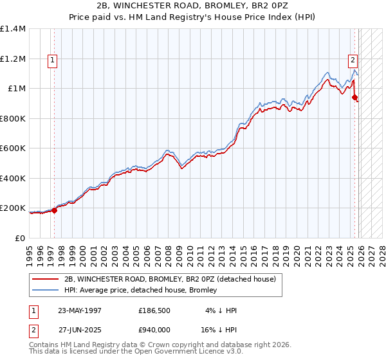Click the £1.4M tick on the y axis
13,29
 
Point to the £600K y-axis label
13,148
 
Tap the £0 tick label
20,238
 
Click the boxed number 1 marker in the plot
52,61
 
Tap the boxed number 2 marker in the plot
353,61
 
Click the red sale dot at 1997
55,210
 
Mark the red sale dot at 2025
354,98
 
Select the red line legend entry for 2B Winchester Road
170,278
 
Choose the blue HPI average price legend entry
140,290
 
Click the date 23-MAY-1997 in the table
80,310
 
